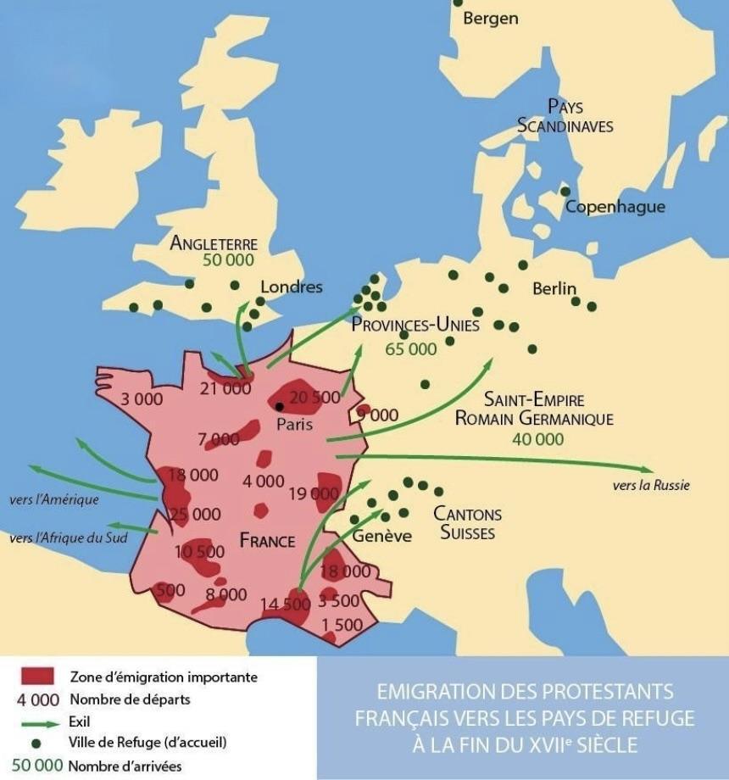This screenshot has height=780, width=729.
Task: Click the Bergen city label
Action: click(491, 18)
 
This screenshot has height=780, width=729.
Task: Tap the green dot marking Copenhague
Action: click(565, 192)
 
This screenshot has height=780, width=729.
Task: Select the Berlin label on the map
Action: click(554, 288)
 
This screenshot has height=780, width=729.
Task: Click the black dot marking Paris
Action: click(279, 407)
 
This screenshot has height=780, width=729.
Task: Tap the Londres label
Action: click(291, 287)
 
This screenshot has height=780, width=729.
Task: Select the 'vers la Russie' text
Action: click(650, 486)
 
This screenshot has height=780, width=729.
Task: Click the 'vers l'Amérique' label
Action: click(54, 499)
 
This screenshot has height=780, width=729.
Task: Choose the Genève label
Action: click(381, 536)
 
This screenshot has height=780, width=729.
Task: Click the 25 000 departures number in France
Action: click(194, 514)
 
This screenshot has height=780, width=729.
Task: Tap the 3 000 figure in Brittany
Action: click(142, 398)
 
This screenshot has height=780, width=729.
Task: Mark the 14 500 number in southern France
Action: click(286, 604)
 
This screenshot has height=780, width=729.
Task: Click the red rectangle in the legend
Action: click(36, 677)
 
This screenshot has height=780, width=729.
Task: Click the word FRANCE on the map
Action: click(267, 541)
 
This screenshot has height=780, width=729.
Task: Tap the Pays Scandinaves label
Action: click(565, 115)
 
